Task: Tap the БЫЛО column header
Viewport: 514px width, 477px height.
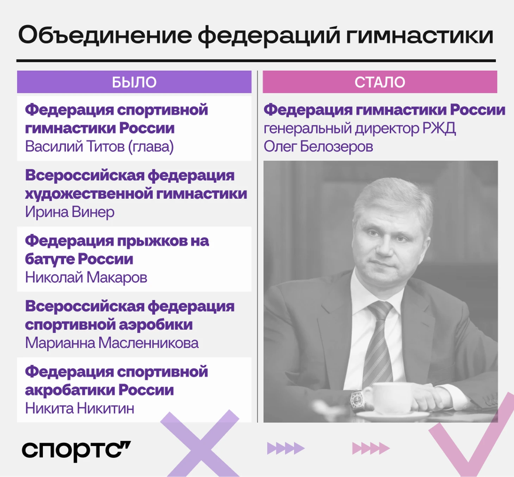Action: [134, 82]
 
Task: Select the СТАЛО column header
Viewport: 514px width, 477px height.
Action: [380, 82]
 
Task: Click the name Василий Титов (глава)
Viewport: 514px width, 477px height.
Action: [99, 147]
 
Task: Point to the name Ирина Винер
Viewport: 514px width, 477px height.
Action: [70, 212]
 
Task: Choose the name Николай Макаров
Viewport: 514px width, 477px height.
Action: [86, 277]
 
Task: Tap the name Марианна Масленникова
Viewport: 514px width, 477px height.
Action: [112, 343]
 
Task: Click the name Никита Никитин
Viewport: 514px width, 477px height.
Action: [80, 408]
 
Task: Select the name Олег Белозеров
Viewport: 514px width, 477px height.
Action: [318, 147]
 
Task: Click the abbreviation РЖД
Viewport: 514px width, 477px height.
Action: [439, 128]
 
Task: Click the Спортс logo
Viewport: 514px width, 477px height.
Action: [76, 451]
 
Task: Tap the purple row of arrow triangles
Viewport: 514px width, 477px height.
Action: [286, 448]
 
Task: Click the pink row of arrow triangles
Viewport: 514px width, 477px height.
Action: [371, 448]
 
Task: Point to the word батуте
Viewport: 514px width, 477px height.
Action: [50, 259]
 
